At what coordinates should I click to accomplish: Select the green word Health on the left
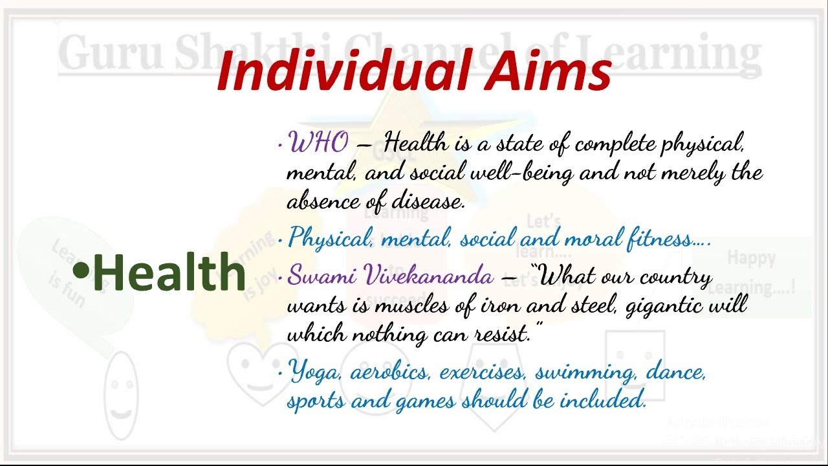click(x=169, y=272)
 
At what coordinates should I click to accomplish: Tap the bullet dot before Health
click(x=81, y=271)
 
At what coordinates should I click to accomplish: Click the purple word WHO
click(x=318, y=142)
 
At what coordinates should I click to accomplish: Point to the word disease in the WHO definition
click(x=428, y=202)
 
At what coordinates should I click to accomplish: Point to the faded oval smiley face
click(x=120, y=395)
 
